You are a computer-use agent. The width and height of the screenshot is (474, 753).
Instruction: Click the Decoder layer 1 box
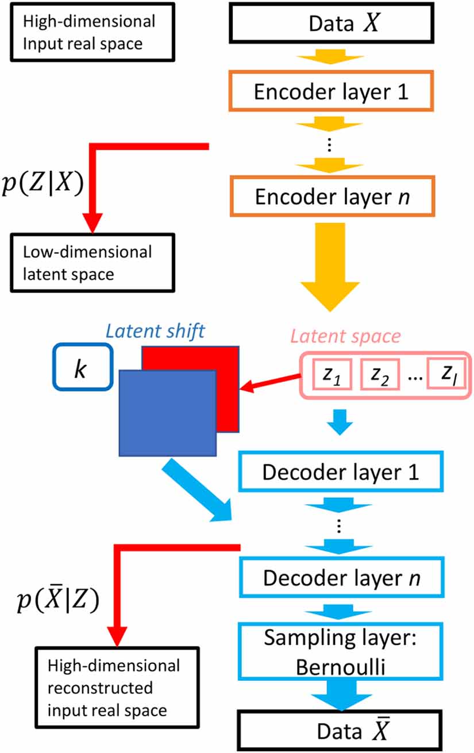[x=340, y=472]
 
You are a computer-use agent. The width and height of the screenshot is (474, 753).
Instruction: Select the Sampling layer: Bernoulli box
[x=340, y=651]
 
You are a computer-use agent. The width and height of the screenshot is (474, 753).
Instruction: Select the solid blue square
[x=167, y=413]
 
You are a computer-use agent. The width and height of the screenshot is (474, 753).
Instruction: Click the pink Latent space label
[x=346, y=337]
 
